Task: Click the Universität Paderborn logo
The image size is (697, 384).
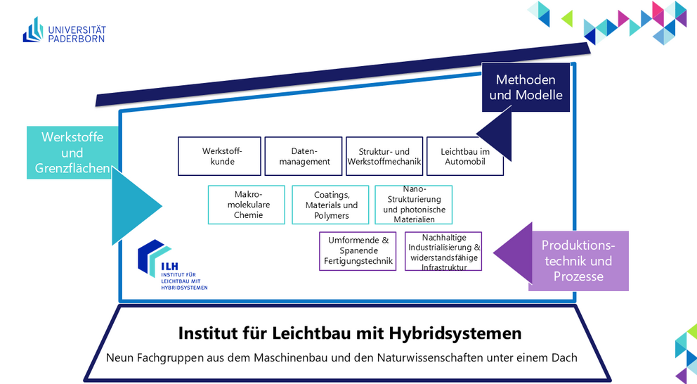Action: click(64, 30)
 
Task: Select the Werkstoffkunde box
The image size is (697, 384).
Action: click(219, 156)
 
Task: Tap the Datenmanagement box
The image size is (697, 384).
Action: click(304, 156)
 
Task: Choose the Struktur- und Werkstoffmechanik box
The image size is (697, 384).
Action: click(384, 156)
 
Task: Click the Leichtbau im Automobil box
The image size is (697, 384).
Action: click(464, 156)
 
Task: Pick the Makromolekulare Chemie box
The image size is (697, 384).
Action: click(247, 205)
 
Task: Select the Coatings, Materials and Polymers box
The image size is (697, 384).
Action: click(330, 205)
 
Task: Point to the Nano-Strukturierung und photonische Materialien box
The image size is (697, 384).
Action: click(413, 205)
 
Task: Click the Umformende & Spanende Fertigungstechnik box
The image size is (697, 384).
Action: click(358, 251)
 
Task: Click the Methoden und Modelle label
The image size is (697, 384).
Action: click(526, 87)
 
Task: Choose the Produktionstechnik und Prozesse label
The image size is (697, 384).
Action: click(578, 261)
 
